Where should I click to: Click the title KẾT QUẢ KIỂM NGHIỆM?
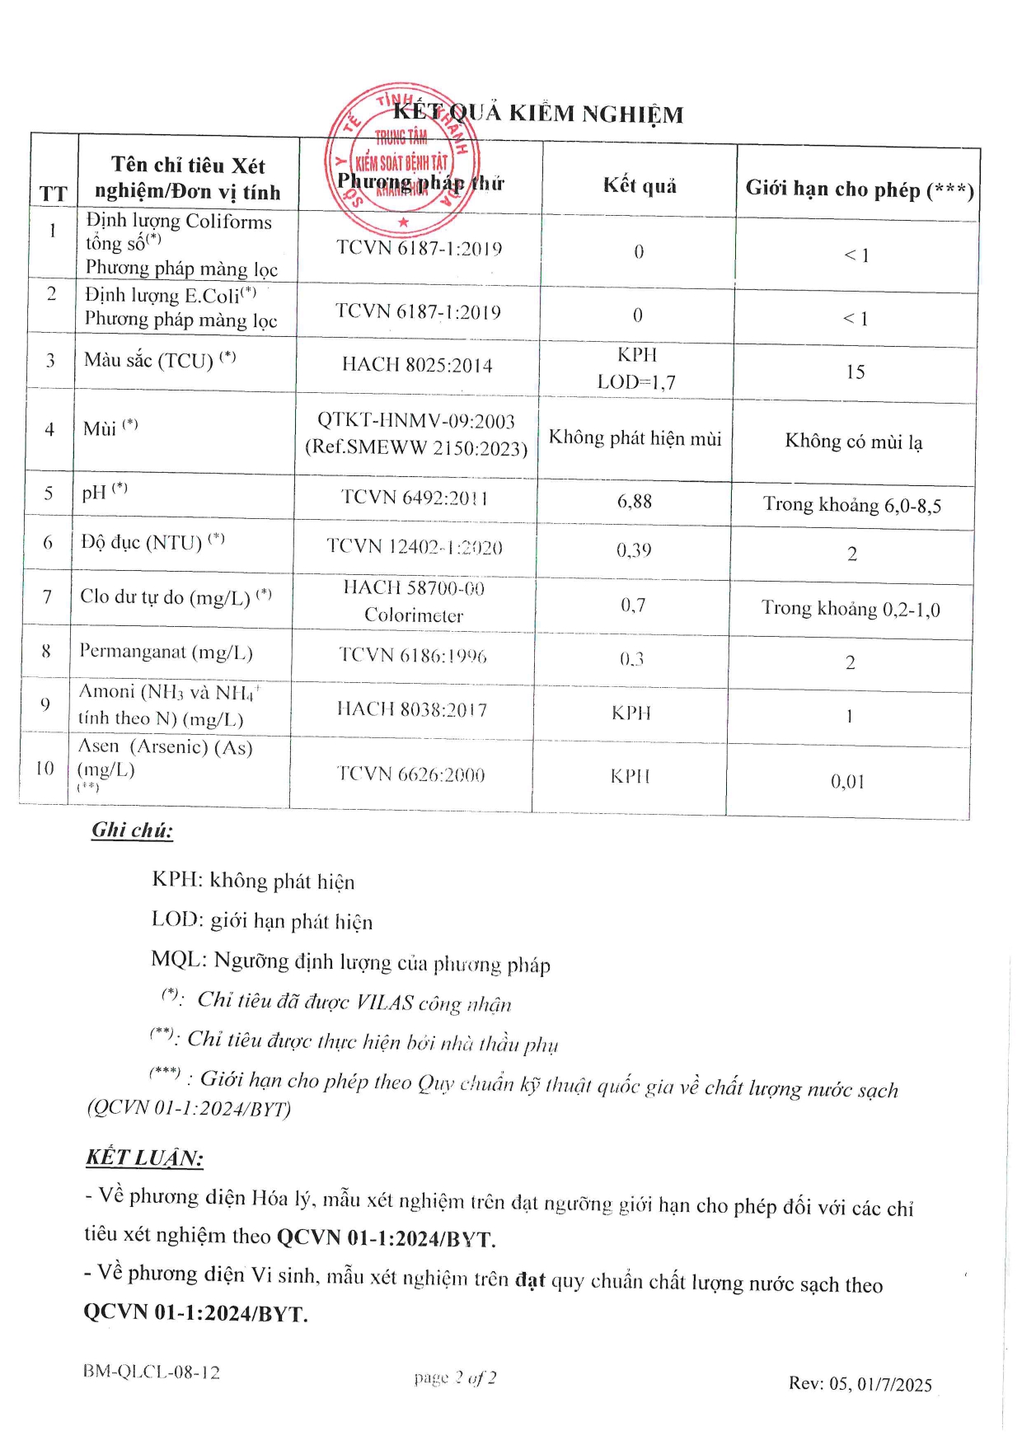click(x=537, y=113)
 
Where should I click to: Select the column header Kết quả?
click(x=640, y=185)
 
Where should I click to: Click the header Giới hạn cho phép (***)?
click(x=860, y=189)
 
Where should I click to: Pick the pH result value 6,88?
click(x=635, y=501)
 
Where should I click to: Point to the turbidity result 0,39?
click(x=634, y=549)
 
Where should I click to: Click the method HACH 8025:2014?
click(x=417, y=365)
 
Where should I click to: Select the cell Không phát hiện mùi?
click(x=635, y=437)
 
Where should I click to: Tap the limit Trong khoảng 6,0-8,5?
click(x=851, y=504)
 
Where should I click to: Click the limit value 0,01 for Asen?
click(x=847, y=781)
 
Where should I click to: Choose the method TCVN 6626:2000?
click(x=410, y=774)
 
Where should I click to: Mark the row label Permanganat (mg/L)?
click(x=166, y=652)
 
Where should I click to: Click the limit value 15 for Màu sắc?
click(x=856, y=372)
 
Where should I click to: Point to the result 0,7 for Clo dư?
click(x=633, y=606)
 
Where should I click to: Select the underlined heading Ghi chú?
click(x=132, y=830)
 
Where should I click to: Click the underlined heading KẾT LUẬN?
click(x=144, y=1157)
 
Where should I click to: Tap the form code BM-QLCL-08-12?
click(x=151, y=1372)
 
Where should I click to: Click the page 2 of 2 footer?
click(x=455, y=1377)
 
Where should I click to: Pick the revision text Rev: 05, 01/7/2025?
click(x=860, y=1383)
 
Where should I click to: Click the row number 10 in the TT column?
click(x=45, y=768)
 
